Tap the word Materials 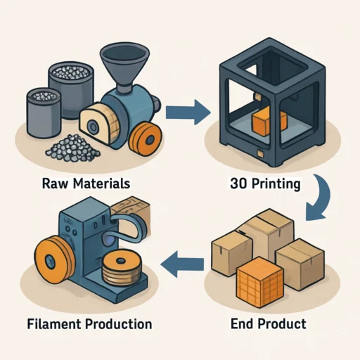(x=101, y=184)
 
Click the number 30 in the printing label (x=238, y=184)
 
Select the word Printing (x=276, y=184)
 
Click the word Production (x=119, y=324)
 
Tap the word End (x=242, y=324)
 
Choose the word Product (x=282, y=324)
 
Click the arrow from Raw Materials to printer (x=188, y=112)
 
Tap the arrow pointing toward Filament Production (x=182, y=264)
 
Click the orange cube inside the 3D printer (x=269, y=121)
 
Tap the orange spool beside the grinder (x=146, y=138)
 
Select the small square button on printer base (x=260, y=153)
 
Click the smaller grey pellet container (x=44, y=112)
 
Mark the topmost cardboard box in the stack (x=269, y=230)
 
